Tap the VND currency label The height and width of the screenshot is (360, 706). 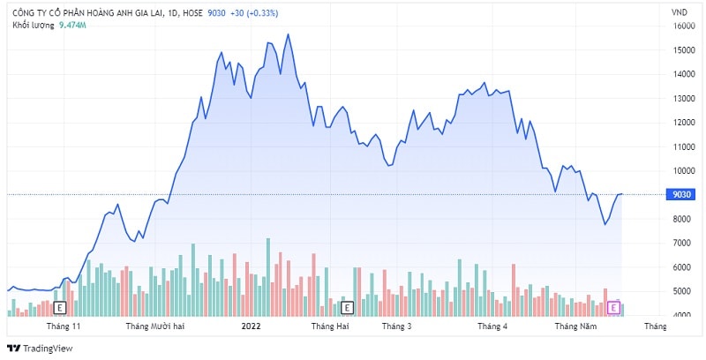680,12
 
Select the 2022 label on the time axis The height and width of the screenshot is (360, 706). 252,326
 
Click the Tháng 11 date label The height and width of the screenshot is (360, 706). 64,326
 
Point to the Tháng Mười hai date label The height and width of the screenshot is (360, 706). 154,326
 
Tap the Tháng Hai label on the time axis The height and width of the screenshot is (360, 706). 330,326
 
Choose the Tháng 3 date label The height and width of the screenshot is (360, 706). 397,326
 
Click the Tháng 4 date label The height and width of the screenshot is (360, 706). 492,326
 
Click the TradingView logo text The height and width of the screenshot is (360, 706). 43,348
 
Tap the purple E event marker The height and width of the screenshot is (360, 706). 615,307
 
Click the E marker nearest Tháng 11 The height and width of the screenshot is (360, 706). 60,307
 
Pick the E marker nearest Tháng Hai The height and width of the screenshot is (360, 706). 347,307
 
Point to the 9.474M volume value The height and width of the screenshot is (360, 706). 71,26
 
